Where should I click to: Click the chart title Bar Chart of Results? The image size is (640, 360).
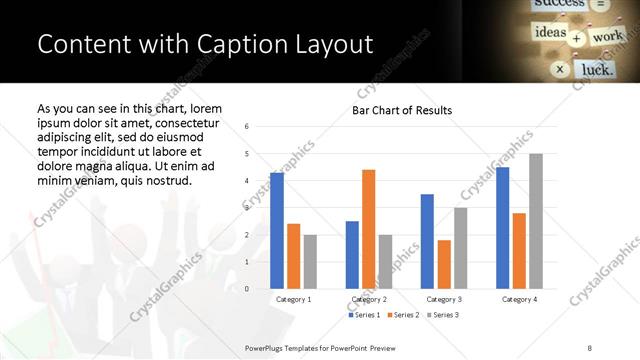click(x=402, y=110)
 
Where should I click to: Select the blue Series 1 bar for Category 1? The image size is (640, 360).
click(x=277, y=230)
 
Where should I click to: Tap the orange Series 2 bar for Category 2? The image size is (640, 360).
click(x=368, y=229)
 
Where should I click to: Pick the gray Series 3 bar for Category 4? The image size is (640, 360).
click(x=536, y=221)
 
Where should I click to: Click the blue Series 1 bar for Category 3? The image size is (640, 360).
click(x=427, y=241)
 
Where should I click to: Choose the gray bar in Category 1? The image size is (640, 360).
click(x=310, y=261)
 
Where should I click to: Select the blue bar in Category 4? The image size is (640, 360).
click(x=502, y=228)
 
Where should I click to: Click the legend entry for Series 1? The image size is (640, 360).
click(x=363, y=315)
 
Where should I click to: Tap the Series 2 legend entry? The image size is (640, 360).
click(x=403, y=315)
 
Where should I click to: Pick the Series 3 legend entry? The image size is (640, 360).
click(x=443, y=315)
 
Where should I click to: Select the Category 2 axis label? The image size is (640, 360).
click(x=369, y=299)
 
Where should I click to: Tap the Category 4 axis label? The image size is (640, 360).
click(x=519, y=299)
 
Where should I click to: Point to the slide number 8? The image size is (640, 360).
click(x=590, y=346)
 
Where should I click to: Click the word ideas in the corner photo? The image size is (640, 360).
click(x=550, y=34)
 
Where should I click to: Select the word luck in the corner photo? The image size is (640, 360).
click(x=597, y=70)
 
